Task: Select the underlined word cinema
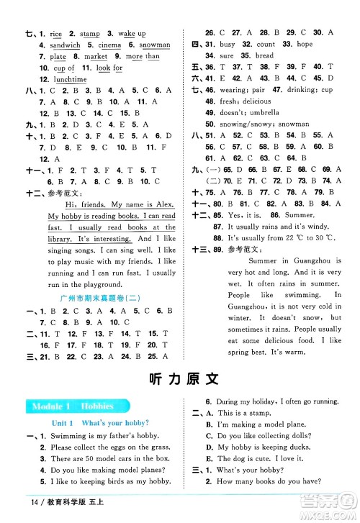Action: point(108,45)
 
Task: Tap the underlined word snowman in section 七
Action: point(154,45)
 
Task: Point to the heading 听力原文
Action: point(180,381)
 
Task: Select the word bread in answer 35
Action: point(264,55)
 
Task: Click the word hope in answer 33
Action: point(305,44)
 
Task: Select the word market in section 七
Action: point(96,56)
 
